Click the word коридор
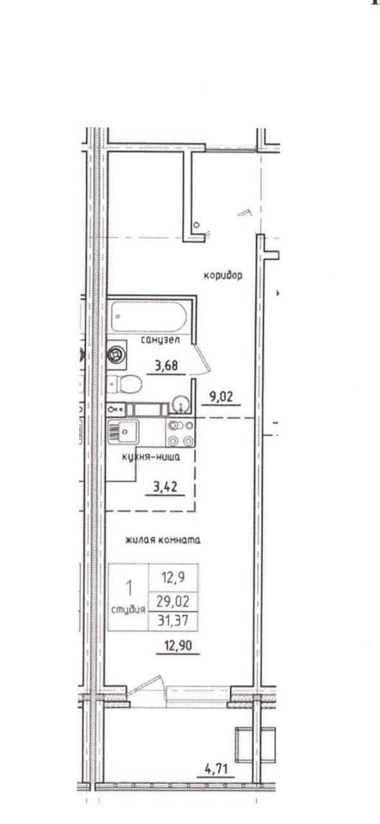223,275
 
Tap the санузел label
161,340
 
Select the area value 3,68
167,366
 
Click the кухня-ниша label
151,457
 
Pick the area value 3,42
165,487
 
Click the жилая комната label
163,540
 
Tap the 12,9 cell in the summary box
174,577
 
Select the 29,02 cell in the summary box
173,601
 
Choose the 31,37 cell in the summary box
173,621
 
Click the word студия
128,610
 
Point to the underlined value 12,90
178,646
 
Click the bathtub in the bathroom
149,316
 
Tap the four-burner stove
181,433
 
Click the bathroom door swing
201,359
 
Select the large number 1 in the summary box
129,588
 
